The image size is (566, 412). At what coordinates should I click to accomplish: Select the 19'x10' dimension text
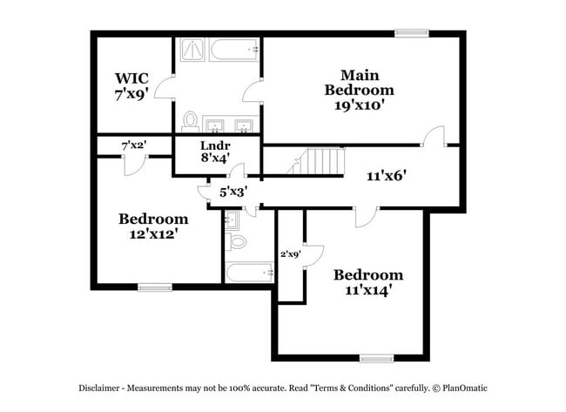pos(359,104)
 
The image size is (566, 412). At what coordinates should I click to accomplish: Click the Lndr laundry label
pos(214,145)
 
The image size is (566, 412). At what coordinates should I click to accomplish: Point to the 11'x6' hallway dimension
pos(387,175)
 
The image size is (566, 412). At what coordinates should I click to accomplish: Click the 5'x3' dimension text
pos(233,192)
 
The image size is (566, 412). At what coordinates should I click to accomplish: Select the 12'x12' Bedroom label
pos(153,218)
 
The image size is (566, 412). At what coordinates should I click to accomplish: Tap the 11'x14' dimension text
pos(368,290)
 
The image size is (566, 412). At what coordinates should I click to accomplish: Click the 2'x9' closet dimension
pos(290,254)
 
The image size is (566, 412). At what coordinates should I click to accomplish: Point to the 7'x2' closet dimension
pos(133,145)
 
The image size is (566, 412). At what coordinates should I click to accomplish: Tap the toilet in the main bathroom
pos(189,118)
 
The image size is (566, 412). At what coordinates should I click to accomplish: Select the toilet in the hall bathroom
pos(235,240)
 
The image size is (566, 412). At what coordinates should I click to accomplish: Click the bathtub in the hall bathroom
pos(248,272)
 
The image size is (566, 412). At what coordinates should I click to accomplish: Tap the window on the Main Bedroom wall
pos(411,33)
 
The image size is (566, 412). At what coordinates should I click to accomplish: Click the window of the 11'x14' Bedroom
pos(377,358)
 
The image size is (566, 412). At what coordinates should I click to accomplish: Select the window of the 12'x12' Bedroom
pos(154,287)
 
